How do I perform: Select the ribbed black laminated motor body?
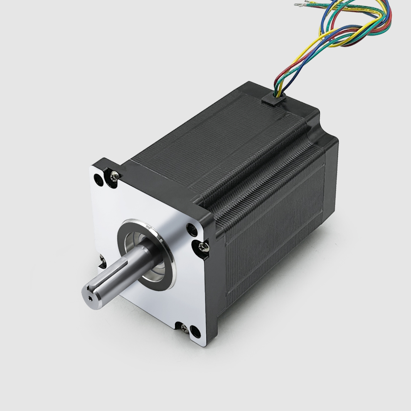coord(270,216)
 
